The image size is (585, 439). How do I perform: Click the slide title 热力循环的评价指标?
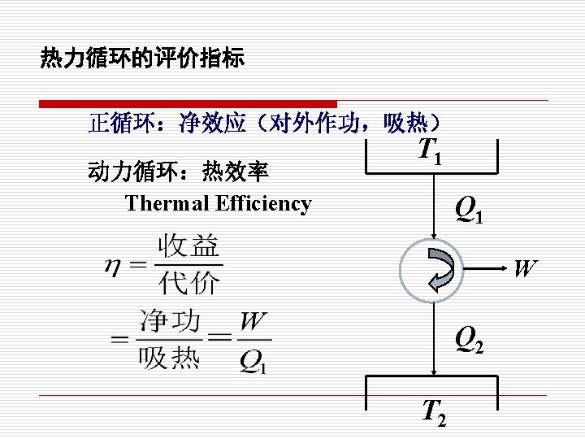click(x=142, y=59)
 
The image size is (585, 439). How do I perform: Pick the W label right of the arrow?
click(x=525, y=267)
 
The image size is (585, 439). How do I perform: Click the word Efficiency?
click(x=263, y=203)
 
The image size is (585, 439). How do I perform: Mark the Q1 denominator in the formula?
click(x=253, y=360)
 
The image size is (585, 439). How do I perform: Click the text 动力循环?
click(x=123, y=172)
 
